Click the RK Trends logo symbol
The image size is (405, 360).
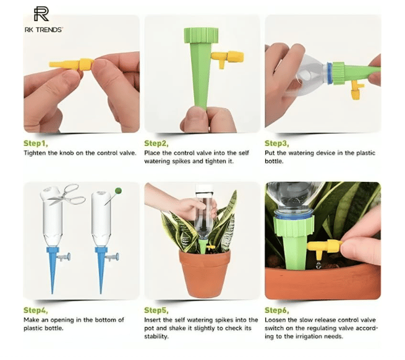[x=41, y=14]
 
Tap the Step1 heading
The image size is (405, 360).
[x=36, y=143]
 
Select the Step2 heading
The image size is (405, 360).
[x=156, y=143]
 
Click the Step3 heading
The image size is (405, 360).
[x=277, y=143]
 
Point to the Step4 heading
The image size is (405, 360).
[x=36, y=310]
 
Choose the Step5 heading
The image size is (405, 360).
[x=156, y=310]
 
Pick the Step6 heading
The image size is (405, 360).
[x=277, y=310]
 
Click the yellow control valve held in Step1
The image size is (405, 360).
[x=72, y=64]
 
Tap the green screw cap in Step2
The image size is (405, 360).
[x=201, y=35]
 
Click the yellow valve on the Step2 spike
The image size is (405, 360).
[x=228, y=58]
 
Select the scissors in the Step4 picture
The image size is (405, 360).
[x=67, y=194]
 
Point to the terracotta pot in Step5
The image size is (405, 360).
[x=204, y=273]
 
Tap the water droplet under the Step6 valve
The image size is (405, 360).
[x=318, y=265]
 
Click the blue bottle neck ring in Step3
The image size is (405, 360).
[x=330, y=73]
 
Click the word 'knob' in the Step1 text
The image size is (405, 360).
[x=67, y=153]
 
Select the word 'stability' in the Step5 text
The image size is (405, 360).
[x=155, y=336]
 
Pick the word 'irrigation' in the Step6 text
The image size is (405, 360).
[x=313, y=336]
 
